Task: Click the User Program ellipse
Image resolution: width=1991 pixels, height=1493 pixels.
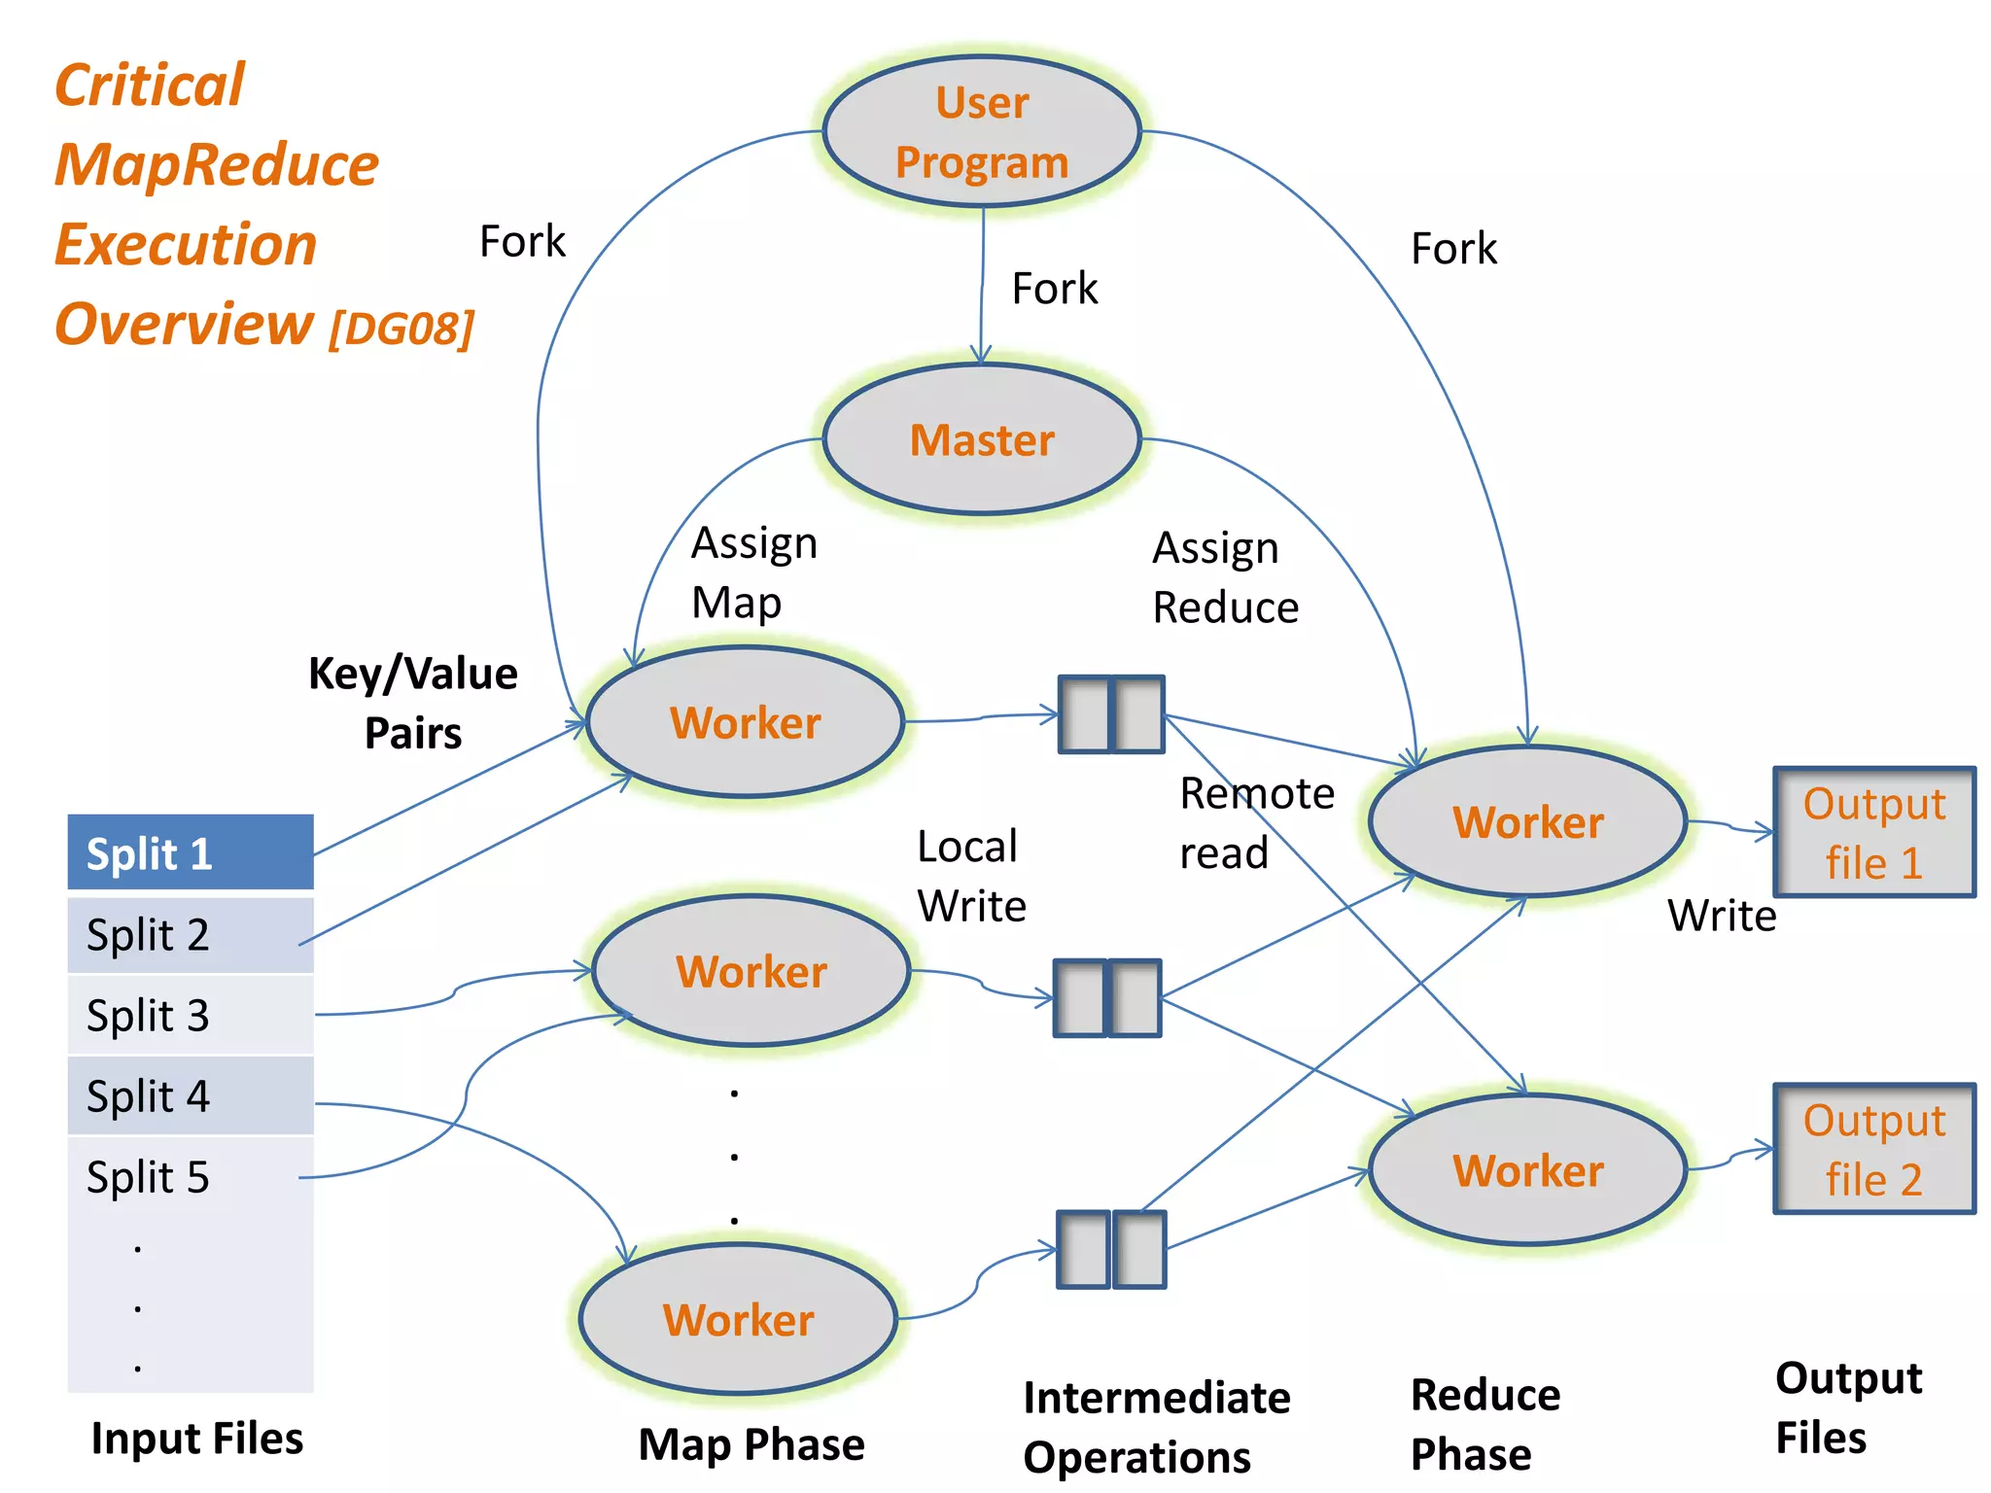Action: point(982,132)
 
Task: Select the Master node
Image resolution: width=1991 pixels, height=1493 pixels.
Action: point(982,439)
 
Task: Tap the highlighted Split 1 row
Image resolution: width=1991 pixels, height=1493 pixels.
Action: point(191,853)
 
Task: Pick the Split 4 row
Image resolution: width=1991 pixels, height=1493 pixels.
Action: point(191,1096)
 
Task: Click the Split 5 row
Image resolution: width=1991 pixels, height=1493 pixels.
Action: point(191,1177)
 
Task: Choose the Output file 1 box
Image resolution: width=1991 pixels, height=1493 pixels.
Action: point(1874,832)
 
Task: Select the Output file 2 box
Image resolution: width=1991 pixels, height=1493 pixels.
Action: point(1874,1149)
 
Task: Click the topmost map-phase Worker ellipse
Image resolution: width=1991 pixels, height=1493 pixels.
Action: point(746,722)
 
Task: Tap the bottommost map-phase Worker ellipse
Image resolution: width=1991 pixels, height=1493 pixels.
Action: point(738,1319)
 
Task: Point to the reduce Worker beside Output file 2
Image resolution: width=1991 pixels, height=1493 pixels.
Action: point(1527,1170)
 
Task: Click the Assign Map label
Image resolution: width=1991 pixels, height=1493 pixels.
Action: point(753,573)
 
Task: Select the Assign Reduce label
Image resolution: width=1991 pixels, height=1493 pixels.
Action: point(1224,577)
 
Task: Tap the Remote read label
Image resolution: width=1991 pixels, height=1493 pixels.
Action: point(1255,823)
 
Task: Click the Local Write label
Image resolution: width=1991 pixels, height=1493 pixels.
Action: point(970,876)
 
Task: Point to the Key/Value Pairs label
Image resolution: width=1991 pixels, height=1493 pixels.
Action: point(413,703)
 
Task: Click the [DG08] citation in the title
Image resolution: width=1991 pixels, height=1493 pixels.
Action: point(402,329)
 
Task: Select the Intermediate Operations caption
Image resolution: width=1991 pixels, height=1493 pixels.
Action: point(1156,1427)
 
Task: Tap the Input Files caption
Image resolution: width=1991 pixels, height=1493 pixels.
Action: point(196,1438)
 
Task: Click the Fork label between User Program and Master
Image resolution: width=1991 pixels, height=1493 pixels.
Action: point(1054,289)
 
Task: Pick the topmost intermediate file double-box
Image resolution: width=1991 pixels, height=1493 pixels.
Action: point(1111,714)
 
